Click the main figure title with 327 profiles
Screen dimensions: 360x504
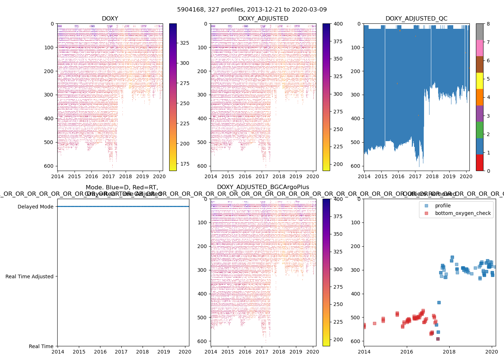click(x=252, y=9)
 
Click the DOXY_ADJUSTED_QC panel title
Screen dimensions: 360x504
click(x=417, y=18)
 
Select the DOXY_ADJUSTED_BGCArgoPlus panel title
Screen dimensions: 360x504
click(x=263, y=187)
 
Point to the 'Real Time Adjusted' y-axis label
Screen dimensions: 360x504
click(x=29, y=276)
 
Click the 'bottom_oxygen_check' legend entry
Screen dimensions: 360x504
click(x=463, y=213)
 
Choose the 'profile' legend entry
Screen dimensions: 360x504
click(x=442, y=206)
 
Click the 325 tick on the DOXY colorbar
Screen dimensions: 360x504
click(x=185, y=43)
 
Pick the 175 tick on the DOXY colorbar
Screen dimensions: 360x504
click(x=185, y=164)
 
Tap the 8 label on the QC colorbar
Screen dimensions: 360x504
click(x=488, y=24)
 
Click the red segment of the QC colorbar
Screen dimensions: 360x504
click(x=480, y=163)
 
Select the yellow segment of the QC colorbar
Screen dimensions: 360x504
click(x=480, y=81)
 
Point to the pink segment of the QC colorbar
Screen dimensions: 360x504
click(x=480, y=48)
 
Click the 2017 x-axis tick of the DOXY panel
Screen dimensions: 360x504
click(x=108, y=176)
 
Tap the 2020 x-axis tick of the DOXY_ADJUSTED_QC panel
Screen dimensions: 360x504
click(x=466, y=176)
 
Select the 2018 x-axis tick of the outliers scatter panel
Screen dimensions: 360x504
click(x=449, y=352)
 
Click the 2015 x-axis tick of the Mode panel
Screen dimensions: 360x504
click(x=79, y=352)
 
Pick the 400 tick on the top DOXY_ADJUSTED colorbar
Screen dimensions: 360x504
click(x=338, y=24)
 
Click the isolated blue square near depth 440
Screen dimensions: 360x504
click(x=439, y=302)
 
